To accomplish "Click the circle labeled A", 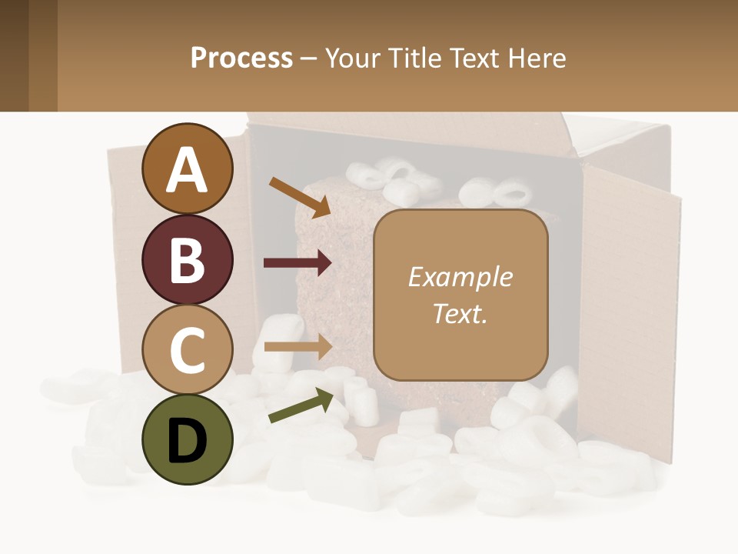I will tap(187, 169).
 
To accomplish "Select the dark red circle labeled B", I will tap(187, 260).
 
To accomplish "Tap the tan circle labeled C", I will tap(187, 350).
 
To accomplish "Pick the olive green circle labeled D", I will tap(187, 440).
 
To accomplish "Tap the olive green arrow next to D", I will tap(301, 405).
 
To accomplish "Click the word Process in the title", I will tap(241, 58).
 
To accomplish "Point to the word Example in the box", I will tap(460, 277).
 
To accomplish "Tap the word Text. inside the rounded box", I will tap(460, 313).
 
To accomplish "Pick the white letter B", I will tap(187, 260).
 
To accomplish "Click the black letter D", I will tap(187, 440).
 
